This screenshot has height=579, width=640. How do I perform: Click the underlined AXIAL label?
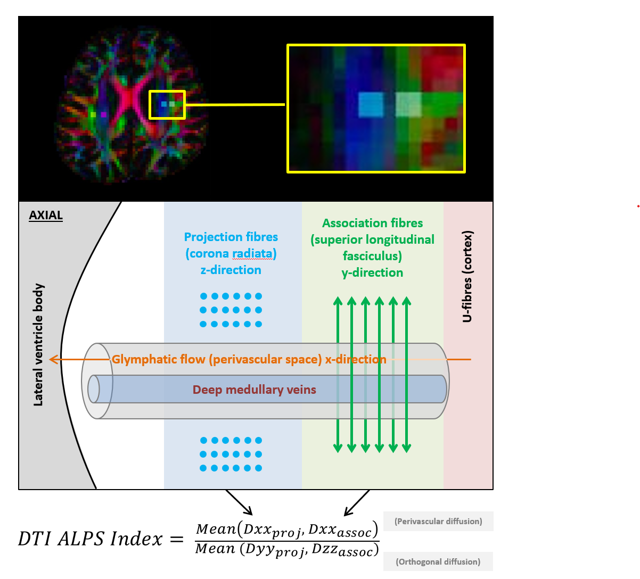[x=46, y=216]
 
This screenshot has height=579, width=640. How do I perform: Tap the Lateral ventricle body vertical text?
[x=38, y=344]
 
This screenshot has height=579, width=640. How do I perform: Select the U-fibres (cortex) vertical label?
[x=467, y=276]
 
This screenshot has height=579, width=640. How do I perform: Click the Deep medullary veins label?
[x=255, y=390]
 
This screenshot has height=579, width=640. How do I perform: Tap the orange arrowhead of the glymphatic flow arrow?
[x=54, y=360]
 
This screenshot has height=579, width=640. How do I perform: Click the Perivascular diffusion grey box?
[x=438, y=521]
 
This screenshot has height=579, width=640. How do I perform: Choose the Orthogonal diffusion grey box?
[x=438, y=561]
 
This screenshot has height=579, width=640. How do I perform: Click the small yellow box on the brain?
[x=167, y=91]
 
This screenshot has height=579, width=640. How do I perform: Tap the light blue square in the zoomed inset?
[x=371, y=105]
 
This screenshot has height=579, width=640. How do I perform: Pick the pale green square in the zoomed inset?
[x=408, y=105]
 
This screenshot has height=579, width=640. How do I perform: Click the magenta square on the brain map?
[x=103, y=114]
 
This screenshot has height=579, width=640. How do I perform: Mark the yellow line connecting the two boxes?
[x=235, y=104]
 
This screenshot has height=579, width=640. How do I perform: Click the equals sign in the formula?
[x=177, y=540]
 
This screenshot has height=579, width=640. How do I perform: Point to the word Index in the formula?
[x=136, y=539]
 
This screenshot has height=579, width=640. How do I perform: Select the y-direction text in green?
[x=372, y=273]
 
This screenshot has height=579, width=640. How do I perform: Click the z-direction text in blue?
[x=231, y=270]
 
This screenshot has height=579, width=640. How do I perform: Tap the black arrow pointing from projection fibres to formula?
[x=239, y=502]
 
